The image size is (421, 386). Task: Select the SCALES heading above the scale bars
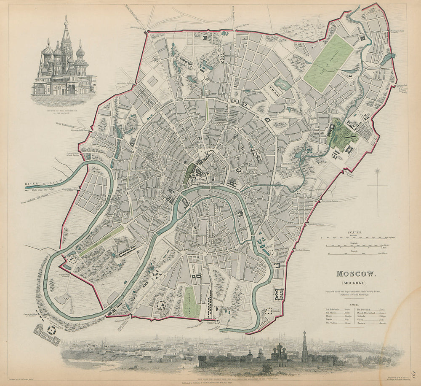coord(353,232)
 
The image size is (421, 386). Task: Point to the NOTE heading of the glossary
coord(353,304)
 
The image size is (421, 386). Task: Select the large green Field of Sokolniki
coord(329,62)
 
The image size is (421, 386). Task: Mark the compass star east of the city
coord(377,171)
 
